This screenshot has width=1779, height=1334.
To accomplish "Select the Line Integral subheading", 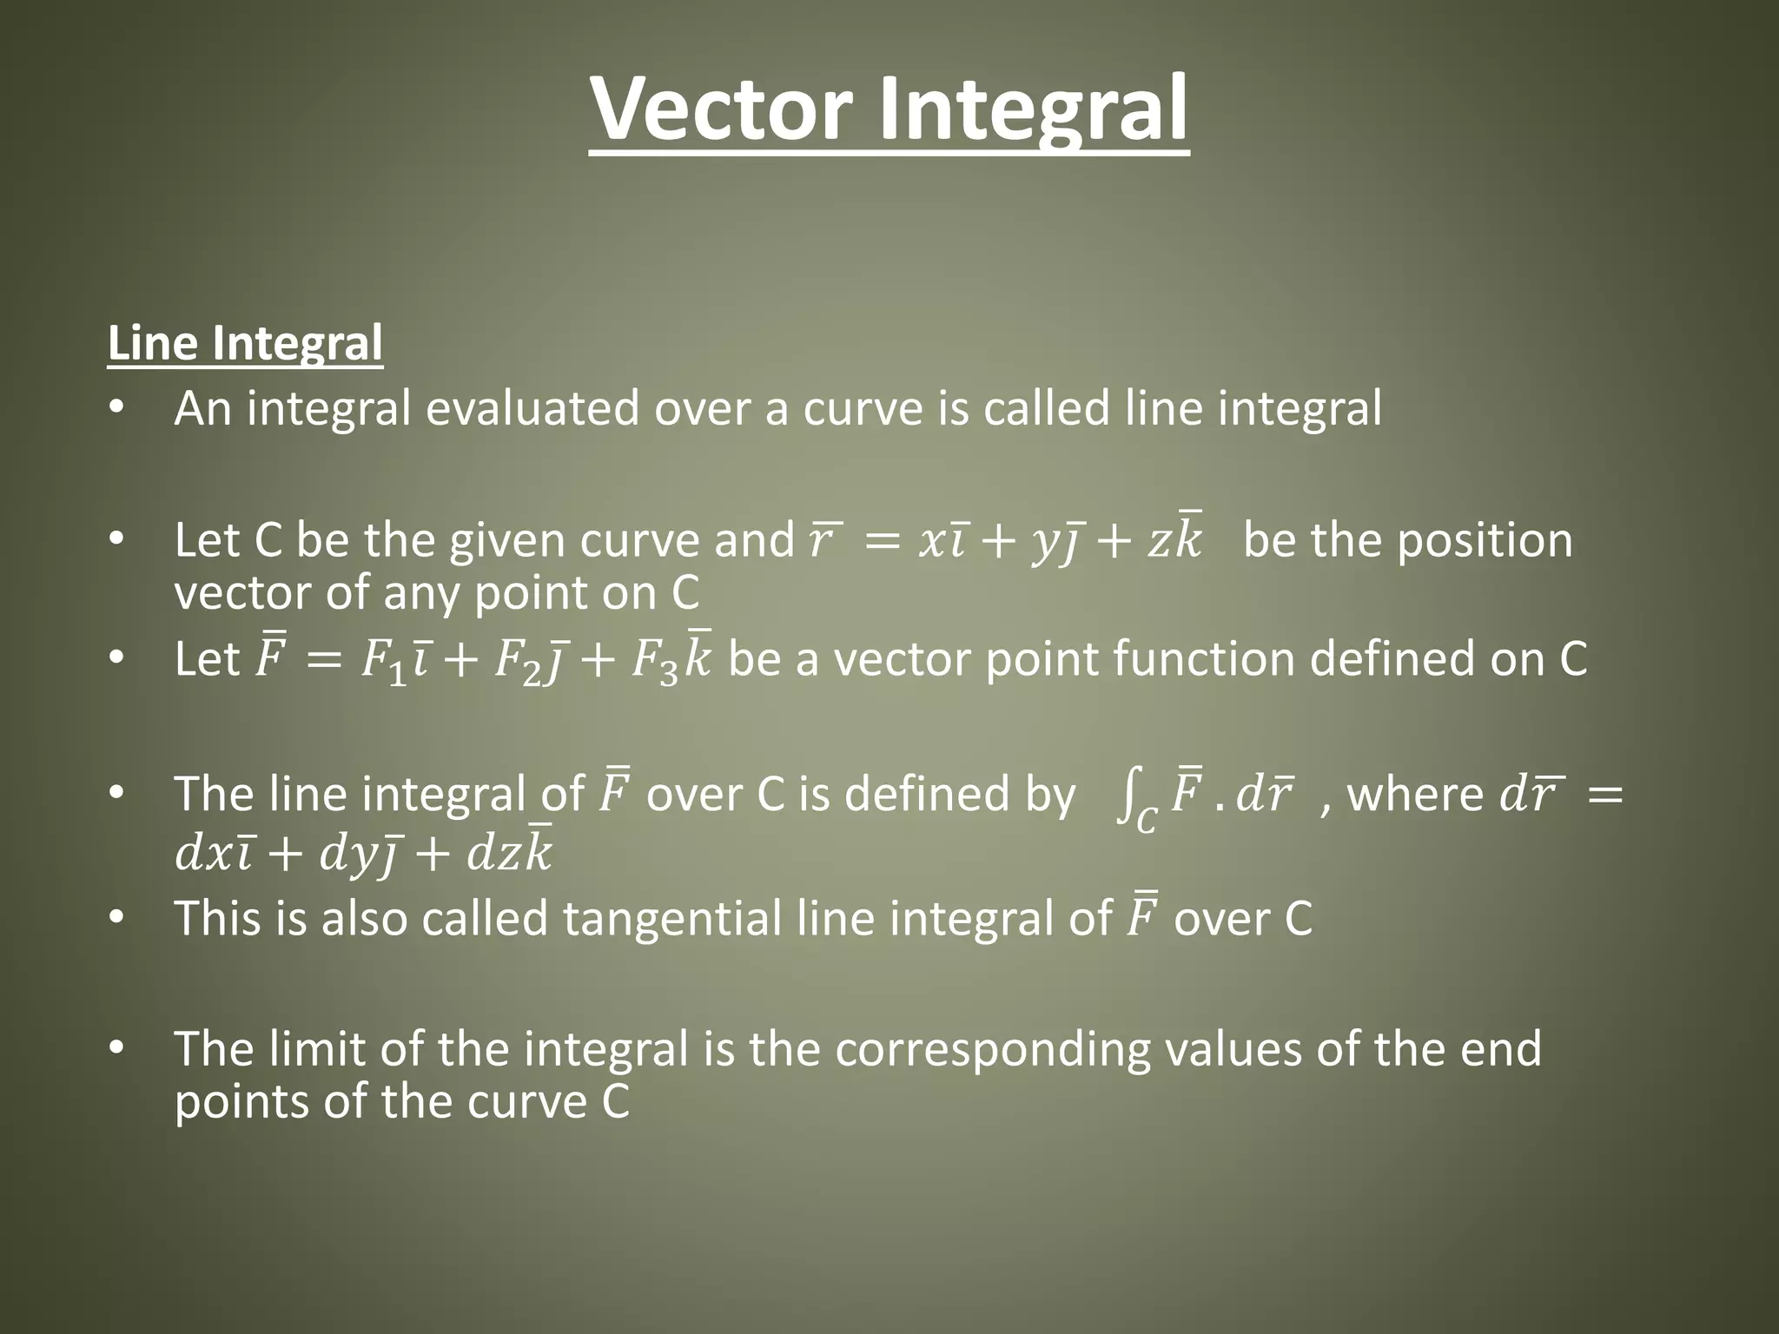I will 245,343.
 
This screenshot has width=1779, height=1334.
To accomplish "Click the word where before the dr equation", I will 1415,795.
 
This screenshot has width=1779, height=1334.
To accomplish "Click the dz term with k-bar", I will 509,853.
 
